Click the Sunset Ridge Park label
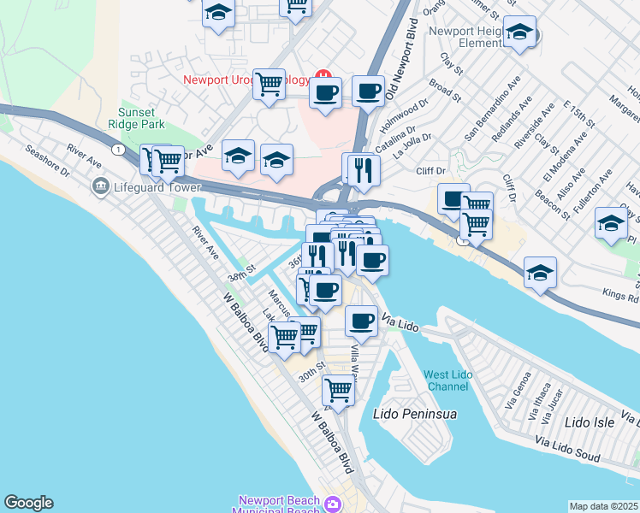(141, 118)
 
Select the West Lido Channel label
(447, 380)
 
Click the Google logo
(27, 503)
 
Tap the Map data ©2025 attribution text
(604, 506)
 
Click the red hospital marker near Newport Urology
(323, 75)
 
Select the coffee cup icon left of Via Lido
(361, 321)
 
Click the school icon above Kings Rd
(540, 273)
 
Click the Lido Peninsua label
(415, 414)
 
